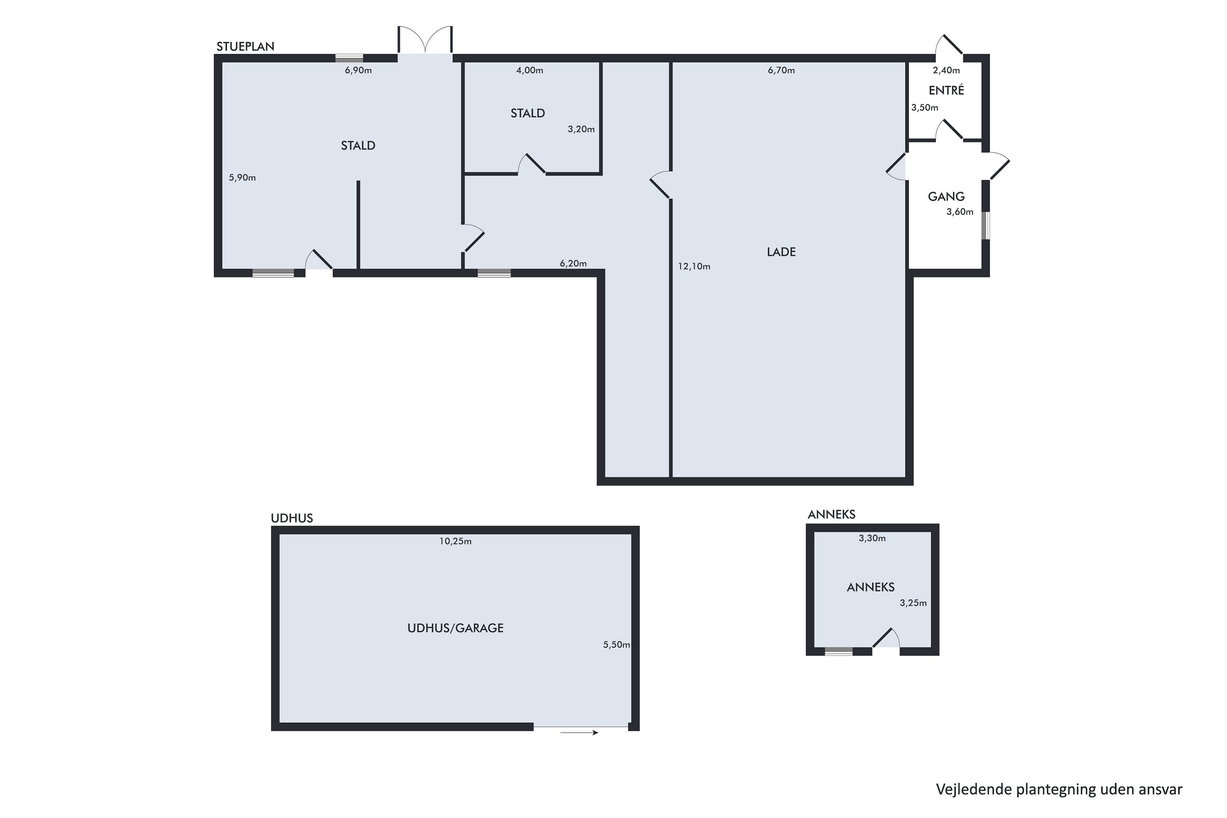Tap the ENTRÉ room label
[x=946, y=90]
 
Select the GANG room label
[x=946, y=197]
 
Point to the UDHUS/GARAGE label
[x=456, y=628]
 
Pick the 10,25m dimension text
[x=456, y=542]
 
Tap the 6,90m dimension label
[x=358, y=70]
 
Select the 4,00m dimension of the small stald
[x=530, y=70]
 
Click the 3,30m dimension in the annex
[x=872, y=538]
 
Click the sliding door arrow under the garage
[x=579, y=733]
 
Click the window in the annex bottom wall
[x=838, y=651]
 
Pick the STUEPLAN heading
[x=245, y=47]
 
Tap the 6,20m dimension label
[x=573, y=263]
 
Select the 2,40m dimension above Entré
[x=946, y=70]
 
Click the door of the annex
[x=886, y=638]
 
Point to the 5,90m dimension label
[x=242, y=178]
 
